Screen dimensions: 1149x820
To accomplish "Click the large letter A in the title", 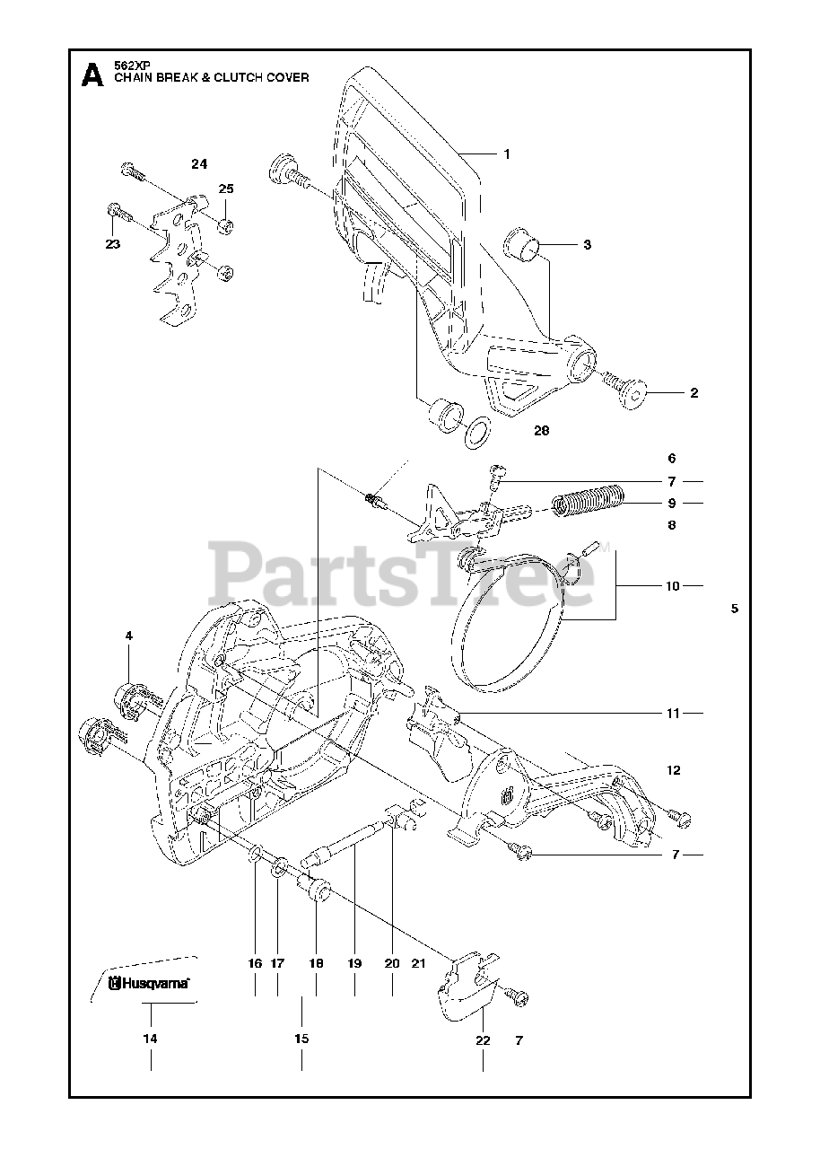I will click(92, 74).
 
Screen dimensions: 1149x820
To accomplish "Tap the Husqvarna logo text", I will click(154, 983).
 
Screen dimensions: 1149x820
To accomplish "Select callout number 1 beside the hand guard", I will click(507, 153).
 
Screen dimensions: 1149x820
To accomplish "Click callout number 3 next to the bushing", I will click(588, 244).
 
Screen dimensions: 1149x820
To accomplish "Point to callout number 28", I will click(541, 431).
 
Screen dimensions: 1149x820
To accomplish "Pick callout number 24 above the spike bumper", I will click(199, 163).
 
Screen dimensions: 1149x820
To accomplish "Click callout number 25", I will click(226, 189).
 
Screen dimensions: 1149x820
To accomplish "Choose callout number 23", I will click(113, 243).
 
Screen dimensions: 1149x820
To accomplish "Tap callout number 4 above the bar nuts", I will click(128, 636).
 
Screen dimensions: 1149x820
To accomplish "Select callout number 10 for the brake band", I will click(672, 586).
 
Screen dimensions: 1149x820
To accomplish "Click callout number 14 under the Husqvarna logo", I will click(150, 1039).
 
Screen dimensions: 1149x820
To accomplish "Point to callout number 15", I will click(301, 1039).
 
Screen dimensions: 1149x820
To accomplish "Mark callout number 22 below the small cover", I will click(484, 1040).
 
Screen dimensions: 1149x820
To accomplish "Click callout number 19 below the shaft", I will click(354, 963).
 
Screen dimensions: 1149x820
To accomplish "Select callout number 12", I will click(674, 769).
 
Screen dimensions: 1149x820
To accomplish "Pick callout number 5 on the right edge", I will click(735, 608).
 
